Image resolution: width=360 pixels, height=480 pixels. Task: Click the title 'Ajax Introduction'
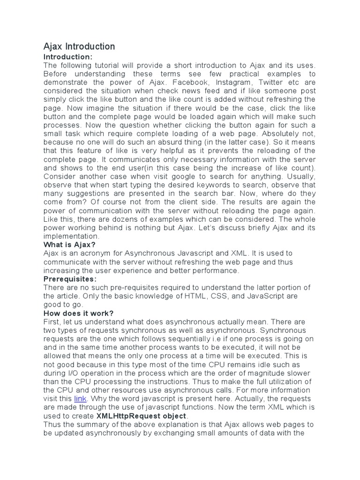[79, 46]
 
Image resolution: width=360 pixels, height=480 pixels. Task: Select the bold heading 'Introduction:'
[68, 57]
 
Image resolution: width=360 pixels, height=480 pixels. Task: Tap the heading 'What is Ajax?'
[69, 244]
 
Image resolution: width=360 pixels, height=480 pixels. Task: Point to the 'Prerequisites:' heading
[70, 279]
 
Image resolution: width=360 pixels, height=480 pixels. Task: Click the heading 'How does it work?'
[79, 313]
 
